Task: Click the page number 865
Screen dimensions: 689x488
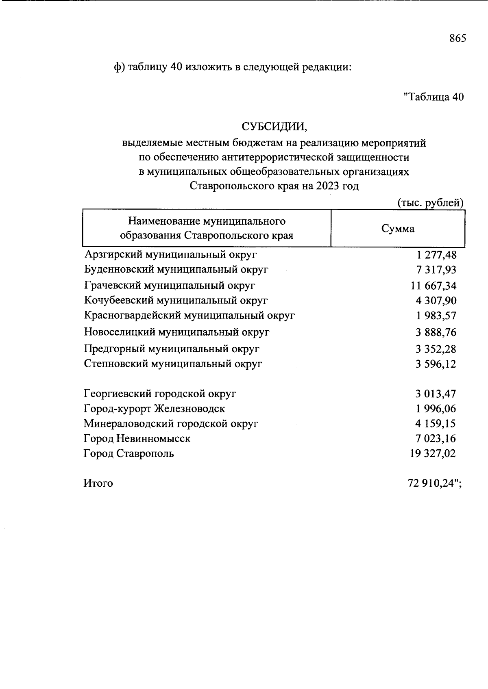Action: click(457, 39)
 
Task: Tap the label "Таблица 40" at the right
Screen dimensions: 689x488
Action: click(434, 97)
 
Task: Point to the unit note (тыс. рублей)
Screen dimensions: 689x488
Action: click(430, 202)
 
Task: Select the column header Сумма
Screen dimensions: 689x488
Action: click(398, 229)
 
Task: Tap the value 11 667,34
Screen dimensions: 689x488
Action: click(434, 286)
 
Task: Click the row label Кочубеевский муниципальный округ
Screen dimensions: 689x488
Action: click(176, 301)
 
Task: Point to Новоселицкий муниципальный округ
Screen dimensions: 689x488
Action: click(177, 332)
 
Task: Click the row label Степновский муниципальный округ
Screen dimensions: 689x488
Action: click(173, 364)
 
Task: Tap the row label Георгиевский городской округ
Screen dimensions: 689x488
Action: click(160, 394)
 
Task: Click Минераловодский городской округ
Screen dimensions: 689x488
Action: click(171, 424)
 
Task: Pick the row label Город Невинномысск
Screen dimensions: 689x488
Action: click(137, 439)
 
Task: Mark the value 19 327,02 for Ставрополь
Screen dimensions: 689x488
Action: click(433, 453)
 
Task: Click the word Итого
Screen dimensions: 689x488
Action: click(98, 483)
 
